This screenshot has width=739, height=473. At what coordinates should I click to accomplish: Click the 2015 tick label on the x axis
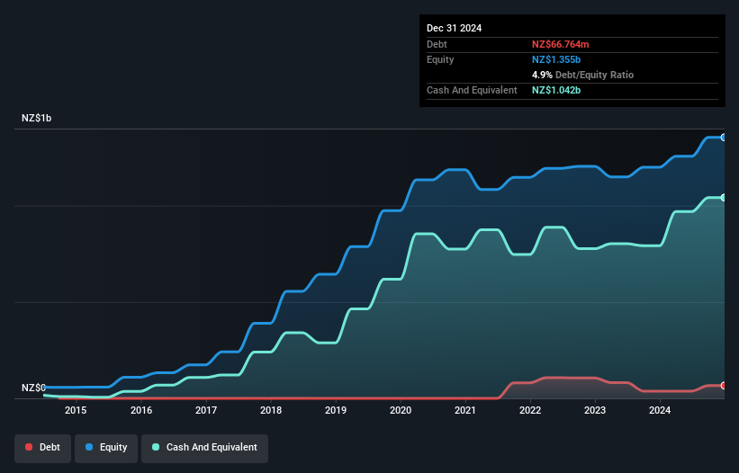pos(76,411)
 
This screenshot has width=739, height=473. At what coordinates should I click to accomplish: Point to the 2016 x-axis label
pos(140,411)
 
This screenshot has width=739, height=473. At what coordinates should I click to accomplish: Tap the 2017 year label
pos(206,411)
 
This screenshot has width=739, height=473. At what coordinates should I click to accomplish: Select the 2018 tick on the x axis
pos(271,411)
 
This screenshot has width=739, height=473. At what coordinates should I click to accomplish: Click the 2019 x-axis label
pos(336,411)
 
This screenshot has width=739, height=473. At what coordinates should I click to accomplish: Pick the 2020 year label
pos(401,411)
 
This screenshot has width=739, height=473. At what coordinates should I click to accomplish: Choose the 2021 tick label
pos(465,411)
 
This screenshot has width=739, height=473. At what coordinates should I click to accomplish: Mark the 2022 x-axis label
pos(530,411)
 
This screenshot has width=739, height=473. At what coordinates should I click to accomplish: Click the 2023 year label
pos(595,411)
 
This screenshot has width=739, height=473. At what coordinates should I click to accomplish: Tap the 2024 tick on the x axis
pos(660,411)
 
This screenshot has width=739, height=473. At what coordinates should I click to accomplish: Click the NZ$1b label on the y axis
pos(37,119)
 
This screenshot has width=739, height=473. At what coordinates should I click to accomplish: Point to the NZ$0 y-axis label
pos(33,388)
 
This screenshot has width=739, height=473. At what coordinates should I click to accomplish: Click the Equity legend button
pos(106,447)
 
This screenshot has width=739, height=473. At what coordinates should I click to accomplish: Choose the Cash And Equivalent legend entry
pos(205,447)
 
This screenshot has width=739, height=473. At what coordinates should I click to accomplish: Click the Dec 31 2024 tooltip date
pos(454,28)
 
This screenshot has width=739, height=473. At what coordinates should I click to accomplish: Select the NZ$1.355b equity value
pos(556,59)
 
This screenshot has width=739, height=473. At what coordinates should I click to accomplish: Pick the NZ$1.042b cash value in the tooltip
pos(556,90)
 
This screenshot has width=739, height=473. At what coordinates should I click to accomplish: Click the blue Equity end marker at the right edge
pos(724,138)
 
